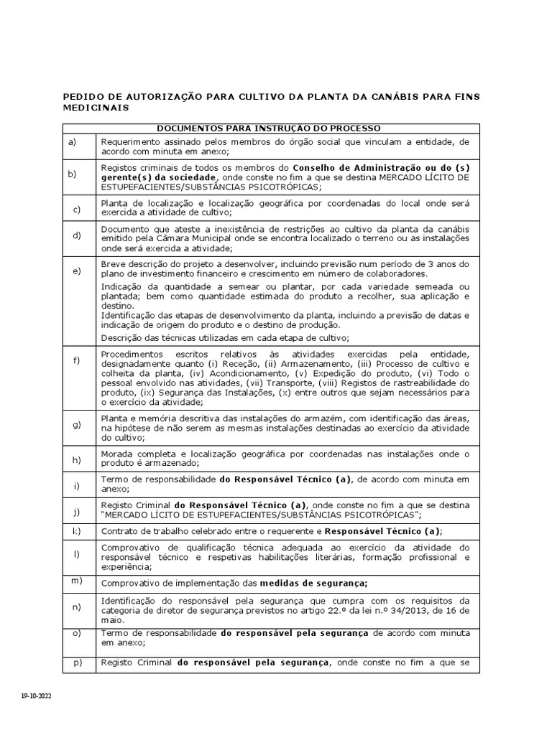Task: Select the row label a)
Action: [x=72, y=141]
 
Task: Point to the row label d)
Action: [x=76, y=235]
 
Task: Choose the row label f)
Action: [x=76, y=360]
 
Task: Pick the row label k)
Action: [x=76, y=530]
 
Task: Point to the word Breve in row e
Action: [x=114, y=263]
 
